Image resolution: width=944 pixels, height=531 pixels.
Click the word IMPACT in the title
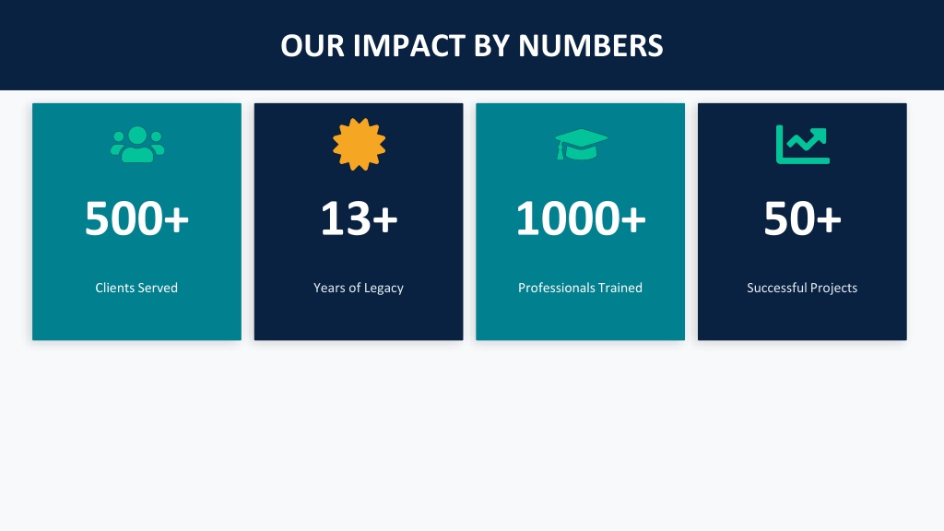pyautogui.click(x=408, y=46)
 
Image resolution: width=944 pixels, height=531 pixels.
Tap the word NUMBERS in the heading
pyautogui.click(x=591, y=46)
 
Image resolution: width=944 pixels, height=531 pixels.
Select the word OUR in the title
pyautogui.click(x=313, y=46)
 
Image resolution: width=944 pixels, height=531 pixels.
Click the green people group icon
pyautogui.click(x=137, y=145)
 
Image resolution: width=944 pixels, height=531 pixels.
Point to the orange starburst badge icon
pyautogui.click(x=359, y=145)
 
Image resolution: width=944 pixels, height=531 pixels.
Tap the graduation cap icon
pyautogui.click(x=581, y=145)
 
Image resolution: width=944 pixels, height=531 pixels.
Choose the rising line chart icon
pyautogui.click(x=803, y=145)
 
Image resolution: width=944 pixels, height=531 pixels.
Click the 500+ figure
pyautogui.click(x=136, y=218)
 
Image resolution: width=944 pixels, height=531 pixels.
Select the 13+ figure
pyautogui.click(x=359, y=218)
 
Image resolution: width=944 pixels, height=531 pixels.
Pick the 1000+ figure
pyautogui.click(x=581, y=218)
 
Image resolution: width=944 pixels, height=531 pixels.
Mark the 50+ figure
pyautogui.click(x=803, y=218)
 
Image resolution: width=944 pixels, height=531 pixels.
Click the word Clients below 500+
pyautogui.click(x=115, y=288)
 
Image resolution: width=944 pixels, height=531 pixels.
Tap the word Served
pyautogui.click(x=159, y=288)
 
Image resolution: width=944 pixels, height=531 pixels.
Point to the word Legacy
pyautogui.click(x=383, y=289)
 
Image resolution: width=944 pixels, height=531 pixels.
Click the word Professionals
pyautogui.click(x=556, y=288)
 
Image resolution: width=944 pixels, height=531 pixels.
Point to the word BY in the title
pyautogui.click(x=491, y=46)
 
